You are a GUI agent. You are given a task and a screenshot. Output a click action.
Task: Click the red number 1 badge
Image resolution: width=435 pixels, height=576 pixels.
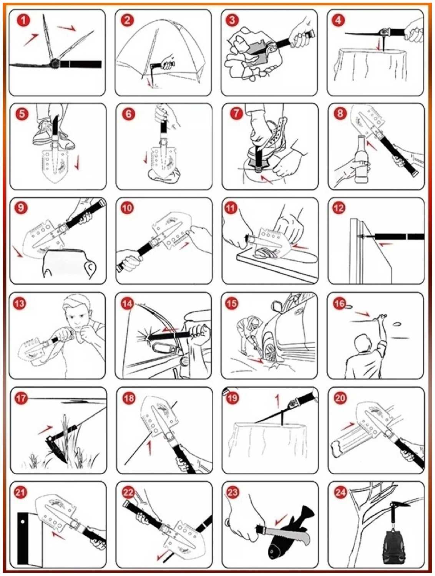click(23, 20)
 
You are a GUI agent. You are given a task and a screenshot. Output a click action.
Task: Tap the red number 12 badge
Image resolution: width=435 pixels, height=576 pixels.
click(339, 208)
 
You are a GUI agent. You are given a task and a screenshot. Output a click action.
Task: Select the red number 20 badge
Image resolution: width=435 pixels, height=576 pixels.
click(340, 398)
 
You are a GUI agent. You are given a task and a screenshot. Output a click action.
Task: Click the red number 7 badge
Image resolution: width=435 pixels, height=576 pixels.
click(236, 114)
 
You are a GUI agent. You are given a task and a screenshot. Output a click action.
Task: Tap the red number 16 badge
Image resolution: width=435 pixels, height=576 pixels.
click(339, 304)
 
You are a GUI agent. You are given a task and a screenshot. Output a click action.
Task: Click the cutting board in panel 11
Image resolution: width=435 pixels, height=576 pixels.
click(276, 265)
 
